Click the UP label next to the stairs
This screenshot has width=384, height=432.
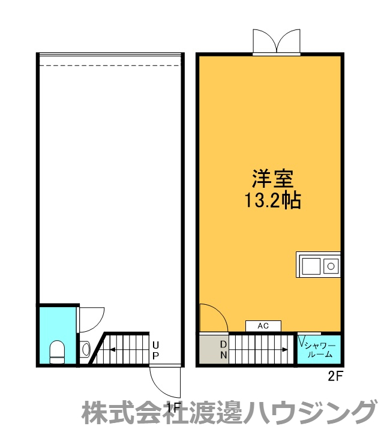click(x=155, y=350)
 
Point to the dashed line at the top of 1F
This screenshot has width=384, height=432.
click(x=109, y=65)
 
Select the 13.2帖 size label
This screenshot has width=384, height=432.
click(x=272, y=200)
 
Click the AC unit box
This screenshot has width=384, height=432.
click(x=263, y=326)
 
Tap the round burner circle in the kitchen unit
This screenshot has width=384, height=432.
click(x=331, y=265)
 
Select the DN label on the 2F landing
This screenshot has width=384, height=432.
click(x=223, y=349)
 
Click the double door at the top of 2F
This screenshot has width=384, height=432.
click(x=276, y=43)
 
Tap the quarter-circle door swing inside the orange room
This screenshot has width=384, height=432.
click(x=212, y=318)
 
